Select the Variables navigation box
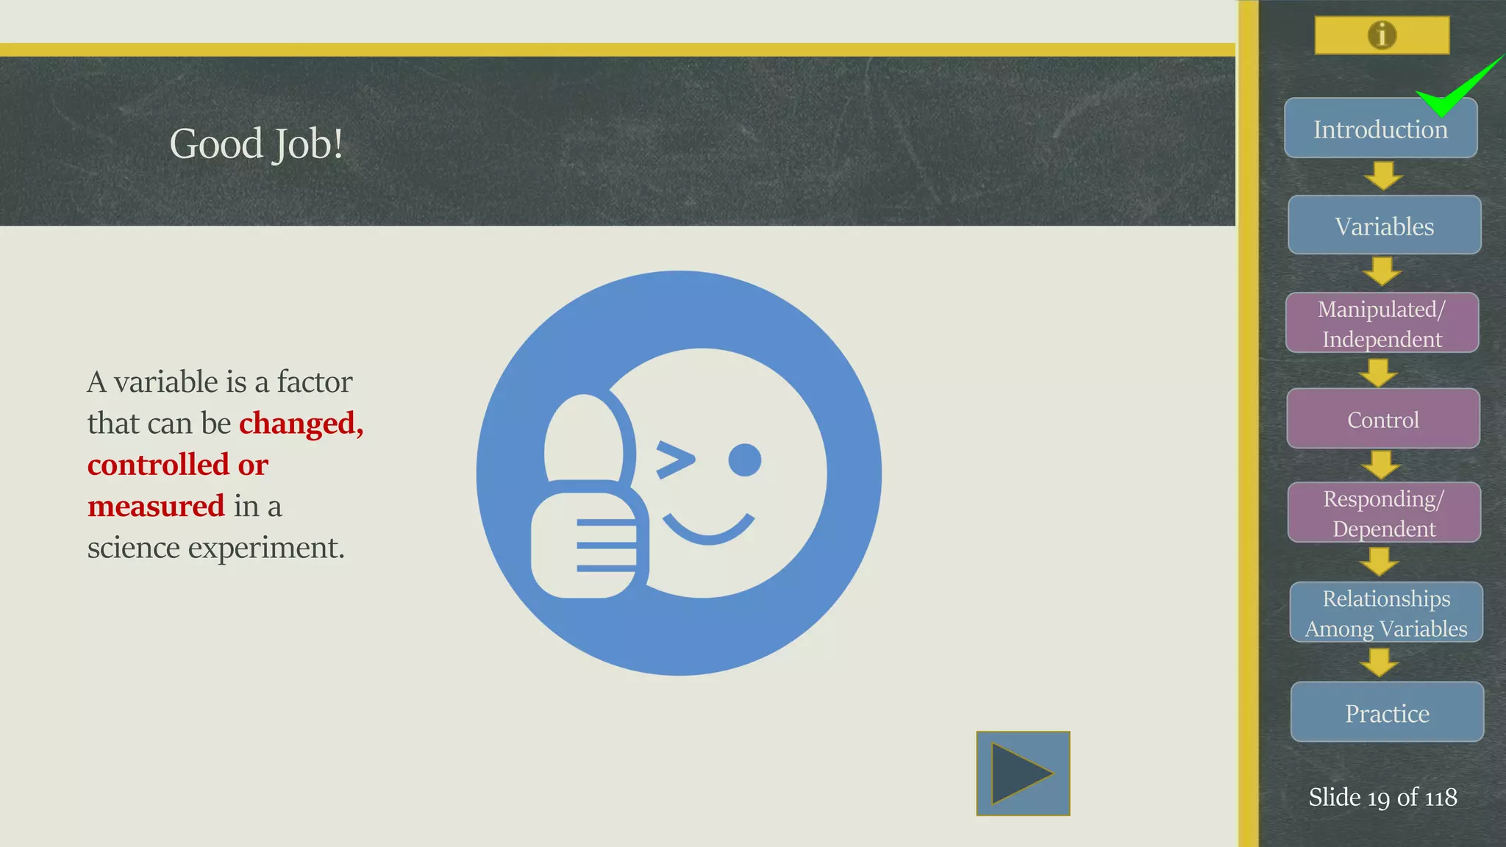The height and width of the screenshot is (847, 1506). point(1384,226)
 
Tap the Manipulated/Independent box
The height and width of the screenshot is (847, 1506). point(1382,324)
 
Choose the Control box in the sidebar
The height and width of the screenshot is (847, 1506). point(1382,419)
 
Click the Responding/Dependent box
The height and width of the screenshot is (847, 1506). point(1384,513)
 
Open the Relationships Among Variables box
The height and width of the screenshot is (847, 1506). point(1386,613)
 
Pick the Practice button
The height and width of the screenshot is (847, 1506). point(1387,712)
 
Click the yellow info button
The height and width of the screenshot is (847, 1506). point(1382,35)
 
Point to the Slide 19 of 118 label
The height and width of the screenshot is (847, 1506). point(1382,797)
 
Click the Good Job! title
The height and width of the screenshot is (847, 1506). point(256,143)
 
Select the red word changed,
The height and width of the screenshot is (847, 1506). point(301,423)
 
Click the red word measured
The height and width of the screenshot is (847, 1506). point(156,507)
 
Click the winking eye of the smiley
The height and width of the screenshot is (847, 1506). point(674,460)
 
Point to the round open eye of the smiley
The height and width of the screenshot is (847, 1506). point(744,460)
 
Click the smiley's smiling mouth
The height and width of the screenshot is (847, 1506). point(708,529)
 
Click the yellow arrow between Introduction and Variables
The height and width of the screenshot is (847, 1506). point(1382,176)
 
